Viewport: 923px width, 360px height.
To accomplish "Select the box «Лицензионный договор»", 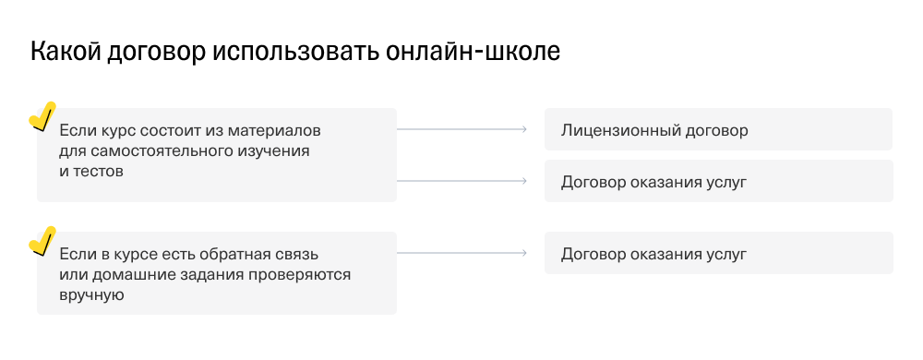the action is pos(718,129).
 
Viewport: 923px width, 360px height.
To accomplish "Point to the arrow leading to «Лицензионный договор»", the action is pos(461,129).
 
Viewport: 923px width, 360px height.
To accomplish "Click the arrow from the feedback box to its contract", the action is pos(461,253).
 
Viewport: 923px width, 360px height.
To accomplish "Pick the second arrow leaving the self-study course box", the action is pos(461,181).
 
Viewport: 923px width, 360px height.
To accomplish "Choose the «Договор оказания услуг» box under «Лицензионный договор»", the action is pos(718,181).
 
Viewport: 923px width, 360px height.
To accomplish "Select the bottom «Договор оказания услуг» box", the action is pos(718,253).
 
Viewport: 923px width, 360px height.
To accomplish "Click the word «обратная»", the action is pos(229,254).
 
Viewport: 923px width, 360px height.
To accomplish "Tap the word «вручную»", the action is pos(90,294).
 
